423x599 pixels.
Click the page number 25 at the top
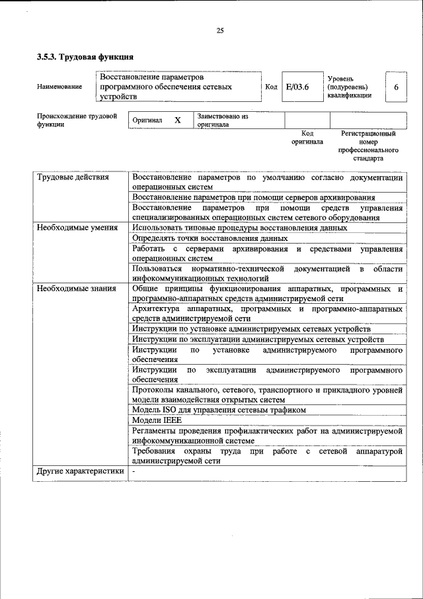[x=220, y=30]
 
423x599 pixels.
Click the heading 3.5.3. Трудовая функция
[x=85, y=57]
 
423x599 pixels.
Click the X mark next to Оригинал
[x=177, y=120]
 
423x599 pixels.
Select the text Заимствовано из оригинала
[x=222, y=120]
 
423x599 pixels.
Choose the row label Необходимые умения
[x=77, y=228]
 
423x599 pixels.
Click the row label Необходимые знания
[x=76, y=288]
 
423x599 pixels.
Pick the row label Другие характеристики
[x=80, y=471]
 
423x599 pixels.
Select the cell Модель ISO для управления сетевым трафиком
[x=219, y=410]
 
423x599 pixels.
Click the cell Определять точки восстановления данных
[x=210, y=238]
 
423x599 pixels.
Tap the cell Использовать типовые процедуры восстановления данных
[x=239, y=228]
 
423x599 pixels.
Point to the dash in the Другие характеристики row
[x=134, y=471]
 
